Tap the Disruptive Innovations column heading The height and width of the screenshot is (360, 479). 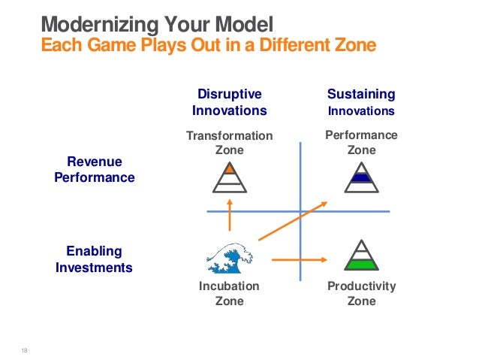(x=230, y=102)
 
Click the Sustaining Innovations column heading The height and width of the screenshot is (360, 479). (x=360, y=102)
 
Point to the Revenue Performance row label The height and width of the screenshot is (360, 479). (x=95, y=170)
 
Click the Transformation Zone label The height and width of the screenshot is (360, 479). (x=230, y=143)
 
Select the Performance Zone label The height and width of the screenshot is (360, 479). (x=361, y=142)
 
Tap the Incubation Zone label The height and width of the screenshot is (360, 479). (x=230, y=293)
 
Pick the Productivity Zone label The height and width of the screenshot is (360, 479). (x=361, y=293)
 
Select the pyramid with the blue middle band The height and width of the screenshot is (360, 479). (x=361, y=177)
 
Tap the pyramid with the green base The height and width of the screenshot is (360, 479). (x=361, y=256)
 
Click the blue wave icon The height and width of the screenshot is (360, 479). (x=229, y=257)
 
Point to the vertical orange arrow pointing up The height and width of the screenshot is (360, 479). (x=230, y=214)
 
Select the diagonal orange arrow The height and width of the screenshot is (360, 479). (x=293, y=221)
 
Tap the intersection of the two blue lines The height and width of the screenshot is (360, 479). (x=300, y=211)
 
